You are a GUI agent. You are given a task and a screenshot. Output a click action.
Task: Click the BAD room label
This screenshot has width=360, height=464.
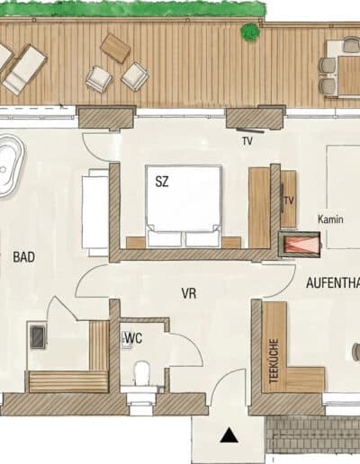[x=24, y=257]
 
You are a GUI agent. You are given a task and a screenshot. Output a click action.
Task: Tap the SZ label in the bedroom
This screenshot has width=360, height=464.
[x=162, y=182]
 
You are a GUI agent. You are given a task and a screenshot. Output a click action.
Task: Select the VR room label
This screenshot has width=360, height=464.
[x=189, y=293]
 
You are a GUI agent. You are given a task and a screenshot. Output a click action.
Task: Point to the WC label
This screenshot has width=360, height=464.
[x=133, y=338]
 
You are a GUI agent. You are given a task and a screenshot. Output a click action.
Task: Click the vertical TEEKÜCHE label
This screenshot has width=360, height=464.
[x=274, y=361]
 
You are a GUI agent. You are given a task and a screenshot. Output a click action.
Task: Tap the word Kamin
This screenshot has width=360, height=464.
[x=330, y=219]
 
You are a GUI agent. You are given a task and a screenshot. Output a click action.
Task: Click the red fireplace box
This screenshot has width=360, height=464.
[x=299, y=244]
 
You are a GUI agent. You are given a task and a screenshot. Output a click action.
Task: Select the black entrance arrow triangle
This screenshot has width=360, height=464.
[x=229, y=435]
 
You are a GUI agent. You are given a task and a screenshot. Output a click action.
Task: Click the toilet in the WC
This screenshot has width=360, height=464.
[x=141, y=374]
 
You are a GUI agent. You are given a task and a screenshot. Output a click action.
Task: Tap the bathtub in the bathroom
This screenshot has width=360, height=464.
[x=9, y=166]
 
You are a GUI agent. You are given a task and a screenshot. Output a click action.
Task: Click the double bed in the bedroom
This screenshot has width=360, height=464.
[x=184, y=206]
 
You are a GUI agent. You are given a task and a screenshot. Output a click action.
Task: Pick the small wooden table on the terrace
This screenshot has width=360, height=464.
[x=115, y=48]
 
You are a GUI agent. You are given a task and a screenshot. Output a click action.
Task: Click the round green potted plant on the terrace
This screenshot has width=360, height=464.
[x=250, y=32]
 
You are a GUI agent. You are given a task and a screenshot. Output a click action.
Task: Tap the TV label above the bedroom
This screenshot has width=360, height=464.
[x=247, y=141]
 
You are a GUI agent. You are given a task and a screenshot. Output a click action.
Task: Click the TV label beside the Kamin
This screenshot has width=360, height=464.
[x=289, y=200]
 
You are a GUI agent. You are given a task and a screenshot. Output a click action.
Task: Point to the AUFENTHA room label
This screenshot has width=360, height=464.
[x=333, y=283]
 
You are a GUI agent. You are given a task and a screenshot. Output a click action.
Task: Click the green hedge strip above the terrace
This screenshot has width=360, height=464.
[x=133, y=8]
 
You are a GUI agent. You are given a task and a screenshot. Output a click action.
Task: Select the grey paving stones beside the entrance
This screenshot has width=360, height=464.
[x=313, y=434]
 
